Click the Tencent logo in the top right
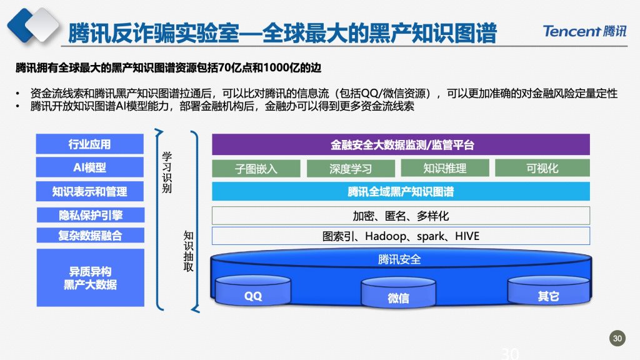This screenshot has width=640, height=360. click(584, 31)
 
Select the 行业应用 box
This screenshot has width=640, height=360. click(90, 144)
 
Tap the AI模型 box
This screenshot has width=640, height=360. click(90, 167)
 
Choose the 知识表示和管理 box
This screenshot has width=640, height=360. click(90, 191)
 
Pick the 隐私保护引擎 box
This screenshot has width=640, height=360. click(91, 215)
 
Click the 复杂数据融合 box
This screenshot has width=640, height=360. click(91, 236)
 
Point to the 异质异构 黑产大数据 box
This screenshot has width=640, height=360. click(91, 277)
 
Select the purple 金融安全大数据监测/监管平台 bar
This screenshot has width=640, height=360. click(401, 144)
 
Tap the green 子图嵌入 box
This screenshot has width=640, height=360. click(256, 168)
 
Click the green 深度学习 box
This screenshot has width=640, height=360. click(351, 168)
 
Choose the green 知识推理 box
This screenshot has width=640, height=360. click(445, 168)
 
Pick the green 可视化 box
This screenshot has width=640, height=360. click(542, 168)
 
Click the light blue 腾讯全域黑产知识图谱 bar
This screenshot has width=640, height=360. click(401, 191)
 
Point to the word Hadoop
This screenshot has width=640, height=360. click(386, 236)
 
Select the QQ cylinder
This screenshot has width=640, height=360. click(253, 291)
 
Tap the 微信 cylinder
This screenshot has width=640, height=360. click(398, 292)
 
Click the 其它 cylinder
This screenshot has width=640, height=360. click(549, 291)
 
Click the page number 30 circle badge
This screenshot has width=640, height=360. click(617, 338)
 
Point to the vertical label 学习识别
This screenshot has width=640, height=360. click(166, 172)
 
